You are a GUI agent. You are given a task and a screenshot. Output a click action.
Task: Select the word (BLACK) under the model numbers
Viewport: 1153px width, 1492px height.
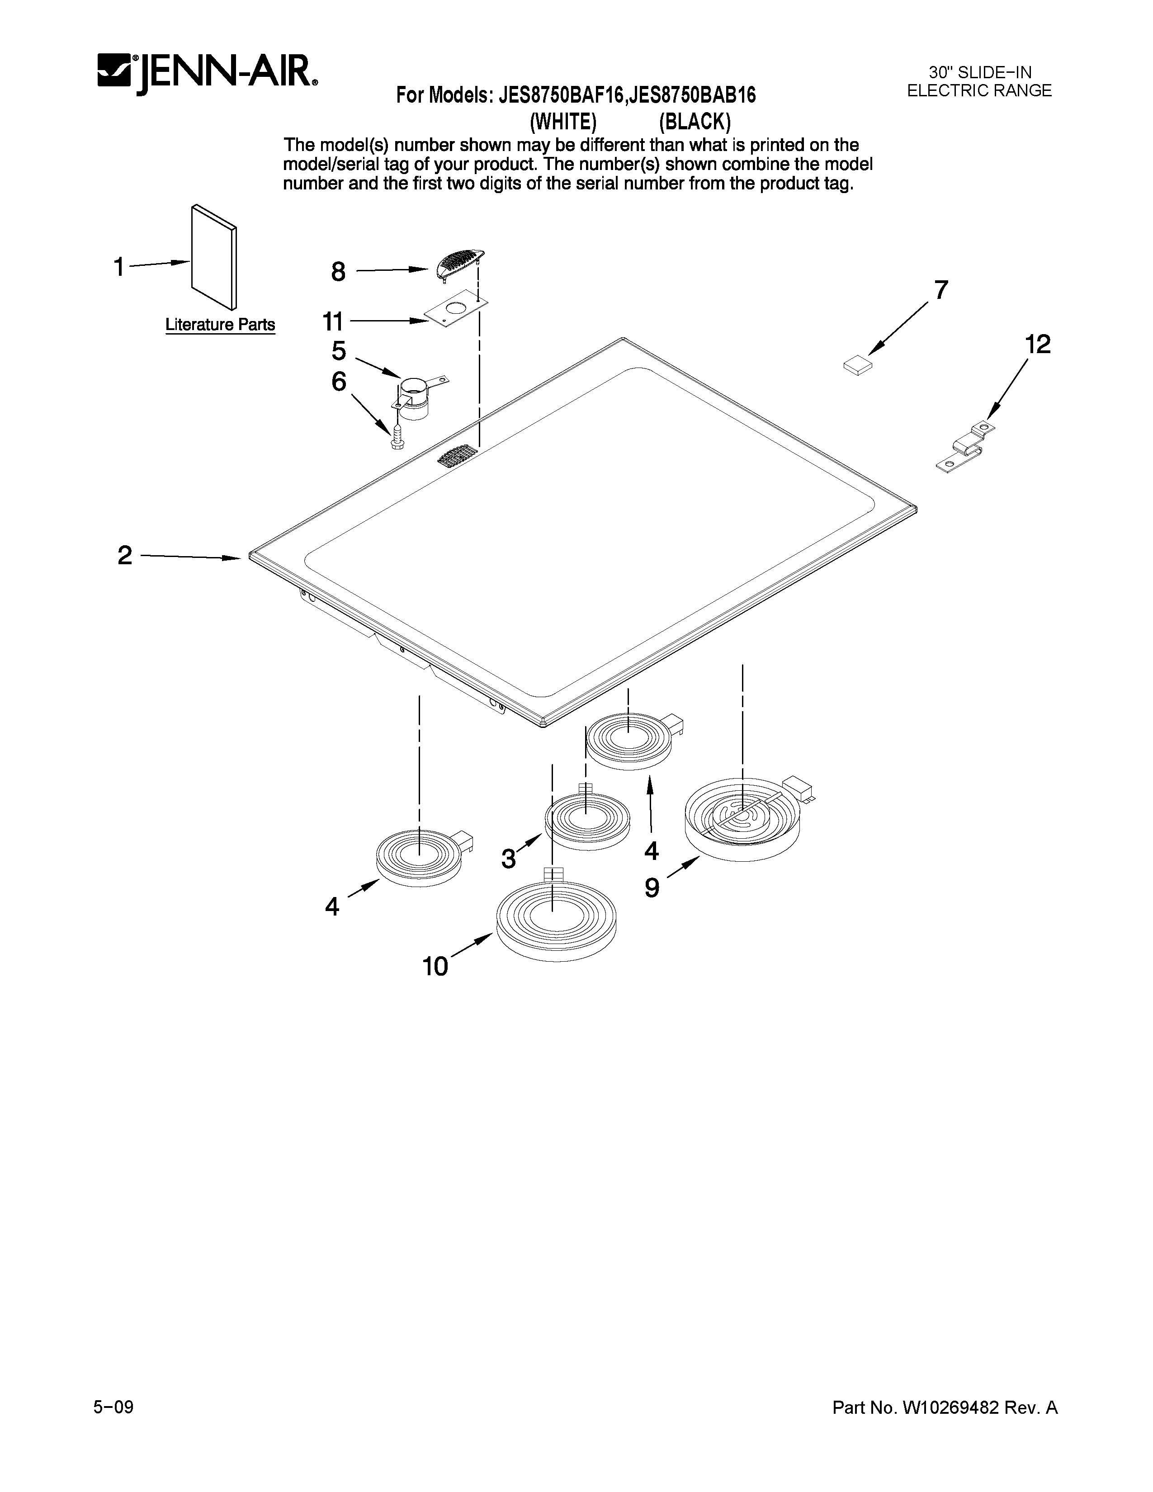pos(695,122)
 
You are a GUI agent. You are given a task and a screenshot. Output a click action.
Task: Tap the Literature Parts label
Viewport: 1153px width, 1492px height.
pos(220,325)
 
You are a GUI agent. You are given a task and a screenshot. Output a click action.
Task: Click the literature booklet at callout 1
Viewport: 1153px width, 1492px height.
pos(214,256)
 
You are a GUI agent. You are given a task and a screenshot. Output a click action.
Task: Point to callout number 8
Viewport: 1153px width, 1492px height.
pos(338,272)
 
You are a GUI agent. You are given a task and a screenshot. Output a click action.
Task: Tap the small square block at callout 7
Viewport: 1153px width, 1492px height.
pos(858,366)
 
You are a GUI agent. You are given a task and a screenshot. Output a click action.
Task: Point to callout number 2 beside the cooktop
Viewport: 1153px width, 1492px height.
pos(124,555)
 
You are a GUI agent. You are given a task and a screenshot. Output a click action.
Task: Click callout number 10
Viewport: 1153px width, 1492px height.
pos(435,966)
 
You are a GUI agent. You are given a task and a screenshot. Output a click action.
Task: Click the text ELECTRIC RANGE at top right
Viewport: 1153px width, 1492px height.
pos(979,91)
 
